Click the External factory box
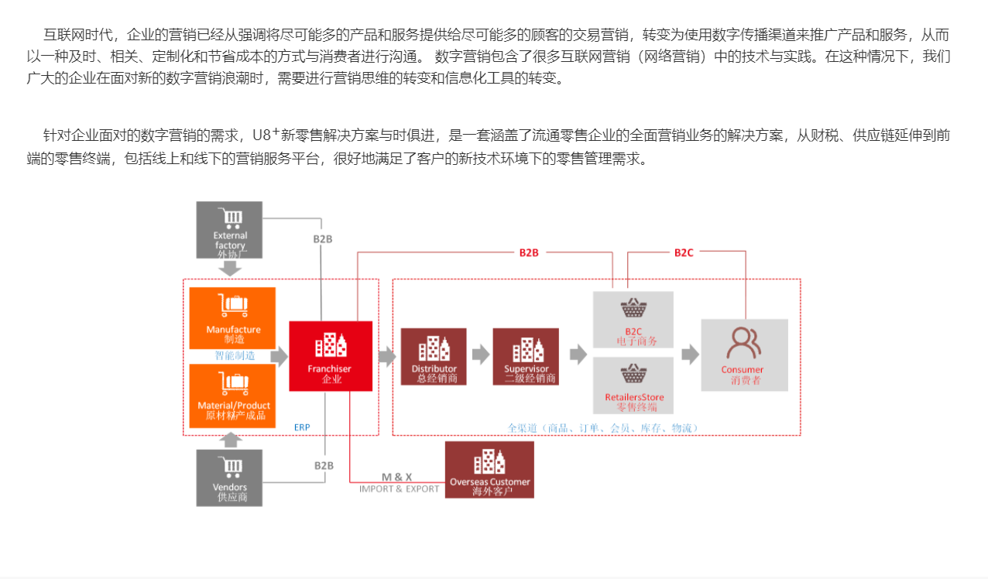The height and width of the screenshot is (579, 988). click(x=229, y=230)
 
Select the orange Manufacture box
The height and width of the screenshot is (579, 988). click(x=232, y=318)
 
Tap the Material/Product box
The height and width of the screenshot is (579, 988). click(x=232, y=396)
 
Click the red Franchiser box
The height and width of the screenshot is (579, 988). click(x=331, y=356)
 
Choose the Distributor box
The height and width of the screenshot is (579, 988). click(x=434, y=356)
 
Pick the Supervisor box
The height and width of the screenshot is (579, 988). click(x=526, y=356)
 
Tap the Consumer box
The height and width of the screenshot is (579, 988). click(x=744, y=355)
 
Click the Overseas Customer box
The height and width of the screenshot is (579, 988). click(x=489, y=470)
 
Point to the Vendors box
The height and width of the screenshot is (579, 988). click(x=229, y=478)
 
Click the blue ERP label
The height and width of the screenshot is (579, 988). click(x=302, y=427)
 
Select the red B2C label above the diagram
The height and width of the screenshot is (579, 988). click(x=684, y=252)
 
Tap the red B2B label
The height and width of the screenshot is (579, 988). click(x=529, y=252)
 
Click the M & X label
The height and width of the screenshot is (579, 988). click(x=397, y=478)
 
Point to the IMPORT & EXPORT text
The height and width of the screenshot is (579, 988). click(x=399, y=489)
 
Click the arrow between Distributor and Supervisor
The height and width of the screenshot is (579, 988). click(x=480, y=355)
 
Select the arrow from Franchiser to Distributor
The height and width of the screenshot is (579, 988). click(x=386, y=356)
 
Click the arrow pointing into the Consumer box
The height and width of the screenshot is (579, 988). click(x=689, y=355)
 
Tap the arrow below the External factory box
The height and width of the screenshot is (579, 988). click(x=230, y=269)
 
